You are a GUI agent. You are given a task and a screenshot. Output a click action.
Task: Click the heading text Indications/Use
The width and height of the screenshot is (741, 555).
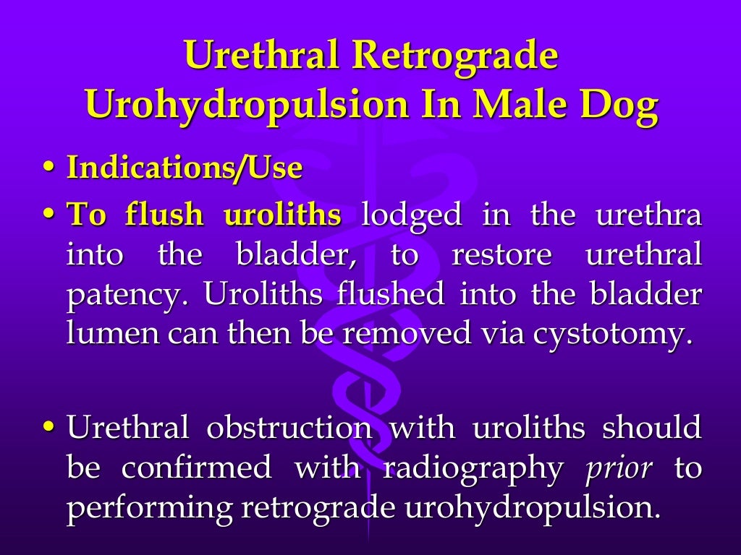click(x=185, y=168)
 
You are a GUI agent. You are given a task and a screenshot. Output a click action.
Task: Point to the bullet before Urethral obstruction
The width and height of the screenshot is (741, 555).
click(x=48, y=428)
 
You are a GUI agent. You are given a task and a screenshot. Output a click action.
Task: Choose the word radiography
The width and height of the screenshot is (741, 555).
click(x=473, y=468)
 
